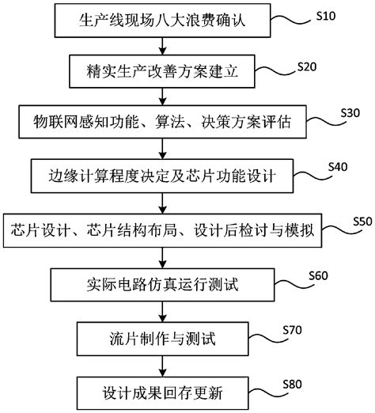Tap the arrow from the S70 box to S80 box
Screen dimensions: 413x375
tap(161, 366)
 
